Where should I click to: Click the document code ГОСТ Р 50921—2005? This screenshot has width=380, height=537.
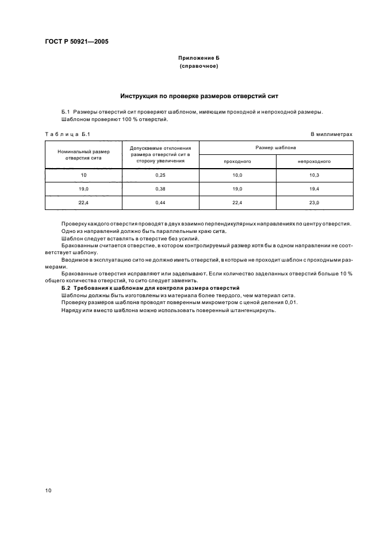(76, 42)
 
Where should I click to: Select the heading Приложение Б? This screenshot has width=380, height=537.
(198, 59)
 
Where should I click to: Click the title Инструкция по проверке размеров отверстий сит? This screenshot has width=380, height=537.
(198, 96)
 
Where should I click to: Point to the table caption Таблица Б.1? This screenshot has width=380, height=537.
(68, 134)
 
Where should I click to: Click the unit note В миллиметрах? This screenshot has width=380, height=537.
(331, 134)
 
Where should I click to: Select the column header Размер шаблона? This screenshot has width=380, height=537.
(275, 147)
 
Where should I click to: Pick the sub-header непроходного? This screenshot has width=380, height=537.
(313, 162)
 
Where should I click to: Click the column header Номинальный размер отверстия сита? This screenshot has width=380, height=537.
(83, 154)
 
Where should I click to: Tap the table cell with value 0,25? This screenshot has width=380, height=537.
(160, 174)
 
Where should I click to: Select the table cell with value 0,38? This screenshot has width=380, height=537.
(160, 189)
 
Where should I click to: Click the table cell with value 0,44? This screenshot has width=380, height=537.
(160, 203)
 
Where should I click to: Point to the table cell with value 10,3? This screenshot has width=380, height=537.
(313, 174)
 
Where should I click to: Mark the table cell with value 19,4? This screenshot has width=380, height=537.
(313, 189)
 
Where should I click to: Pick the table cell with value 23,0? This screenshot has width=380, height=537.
(313, 203)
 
